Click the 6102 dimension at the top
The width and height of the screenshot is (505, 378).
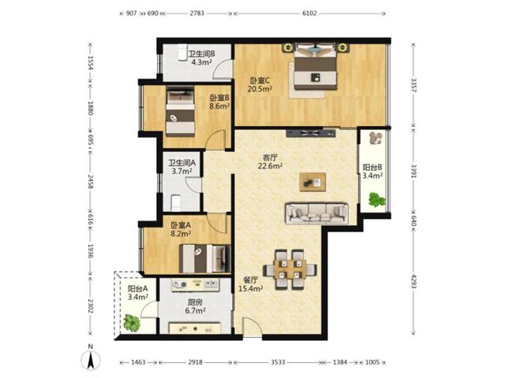pyautogui.click(x=309, y=13)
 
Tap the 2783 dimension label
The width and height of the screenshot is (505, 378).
pyautogui.click(x=196, y=13)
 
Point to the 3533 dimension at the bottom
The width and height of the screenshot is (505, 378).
pyautogui.click(x=278, y=362)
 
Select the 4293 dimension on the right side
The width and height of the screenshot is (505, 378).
pyautogui.click(x=413, y=281)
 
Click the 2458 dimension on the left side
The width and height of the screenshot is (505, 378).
pyautogui.click(x=90, y=182)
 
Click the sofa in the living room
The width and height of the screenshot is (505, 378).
pyautogui.click(x=316, y=213)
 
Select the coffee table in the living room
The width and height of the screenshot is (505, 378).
pyautogui.click(x=312, y=182)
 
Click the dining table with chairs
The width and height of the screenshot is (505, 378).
pyautogui.click(x=290, y=269)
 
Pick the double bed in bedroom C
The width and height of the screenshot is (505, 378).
pyautogui.click(x=316, y=66)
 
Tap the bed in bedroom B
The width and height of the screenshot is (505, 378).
pyautogui.click(x=181, y=112)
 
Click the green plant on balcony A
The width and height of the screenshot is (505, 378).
pyautogui.click(x=132, y=323)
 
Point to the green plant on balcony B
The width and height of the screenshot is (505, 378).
pyautogui.click(x=377, y=199)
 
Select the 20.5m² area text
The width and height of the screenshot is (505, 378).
pyautogui.click(x=260, y=89)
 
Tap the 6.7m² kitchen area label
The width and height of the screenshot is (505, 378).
pyautogui.click(x=196, y=310)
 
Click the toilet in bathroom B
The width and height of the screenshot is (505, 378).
pyautogui.click(x=182, y=51)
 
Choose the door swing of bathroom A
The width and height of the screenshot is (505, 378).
pyautogui.click(x=193, y=184)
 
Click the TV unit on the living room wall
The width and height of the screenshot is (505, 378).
pyautogui.click(x=311, y=133)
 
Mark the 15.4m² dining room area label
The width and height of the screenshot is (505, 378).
pyautogui.click(x=251, y=289)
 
